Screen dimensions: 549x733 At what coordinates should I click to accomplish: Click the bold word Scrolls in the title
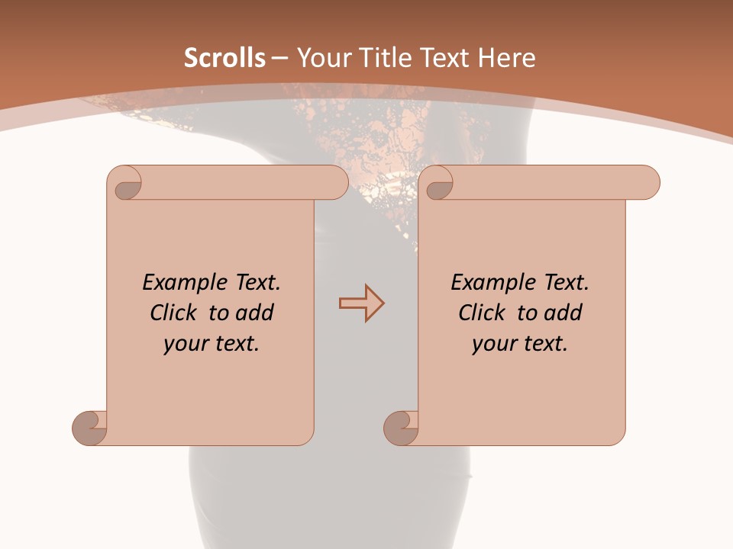[224, 58]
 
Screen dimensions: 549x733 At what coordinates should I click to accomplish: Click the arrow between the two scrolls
[361, 303]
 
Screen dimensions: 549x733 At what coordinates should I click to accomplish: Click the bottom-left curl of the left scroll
[90, 427]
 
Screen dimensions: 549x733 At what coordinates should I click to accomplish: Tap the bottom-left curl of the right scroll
[402, 427]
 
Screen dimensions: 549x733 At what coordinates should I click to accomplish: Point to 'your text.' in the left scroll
[211, 344]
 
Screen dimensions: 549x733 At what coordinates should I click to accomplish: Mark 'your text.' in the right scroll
[519, 344]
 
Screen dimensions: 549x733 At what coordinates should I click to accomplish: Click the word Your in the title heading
[324, 58]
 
